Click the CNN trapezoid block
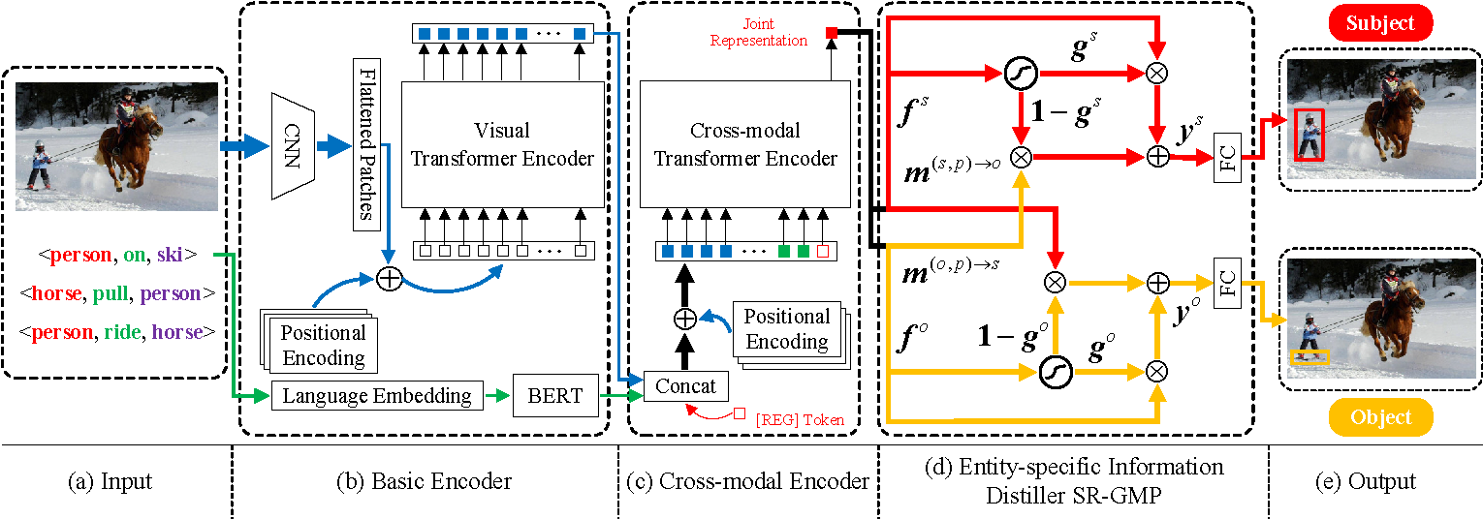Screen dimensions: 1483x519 (293, 145)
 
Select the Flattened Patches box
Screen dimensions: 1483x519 (366, 144)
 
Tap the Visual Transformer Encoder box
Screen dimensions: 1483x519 (502, 144)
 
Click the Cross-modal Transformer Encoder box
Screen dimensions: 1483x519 (744, 144)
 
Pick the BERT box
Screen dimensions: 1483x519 (555, 395)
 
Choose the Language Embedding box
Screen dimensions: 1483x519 (377, 395)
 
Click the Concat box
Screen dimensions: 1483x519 (686, 386)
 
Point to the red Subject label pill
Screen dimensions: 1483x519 (1380, 23)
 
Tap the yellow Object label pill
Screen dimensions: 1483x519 (1381, 417)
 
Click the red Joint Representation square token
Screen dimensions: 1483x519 (832, 32)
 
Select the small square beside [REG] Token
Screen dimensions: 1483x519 (740, 413)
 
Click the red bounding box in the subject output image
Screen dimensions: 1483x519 (1309, 135)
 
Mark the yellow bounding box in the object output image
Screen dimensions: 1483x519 (1309, 357)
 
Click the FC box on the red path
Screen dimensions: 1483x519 (1227, 158)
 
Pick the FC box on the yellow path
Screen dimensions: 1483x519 (1227, 283)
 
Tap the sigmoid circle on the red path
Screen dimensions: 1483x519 (1021, 74)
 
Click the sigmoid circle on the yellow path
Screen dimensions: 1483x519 (1056, 372)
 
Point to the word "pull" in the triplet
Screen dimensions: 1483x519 (110, 293)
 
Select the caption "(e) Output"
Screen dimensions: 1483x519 (1365, 481)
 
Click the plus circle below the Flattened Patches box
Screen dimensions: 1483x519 (390, 278)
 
